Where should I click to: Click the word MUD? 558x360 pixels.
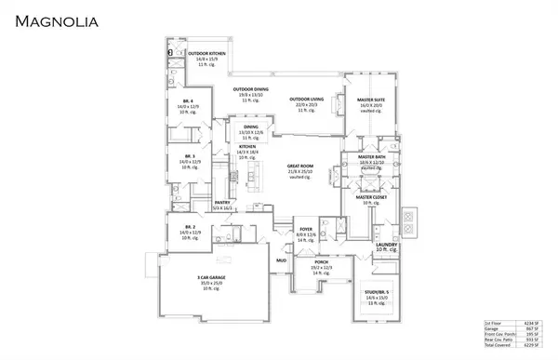[x=280, y=260]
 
